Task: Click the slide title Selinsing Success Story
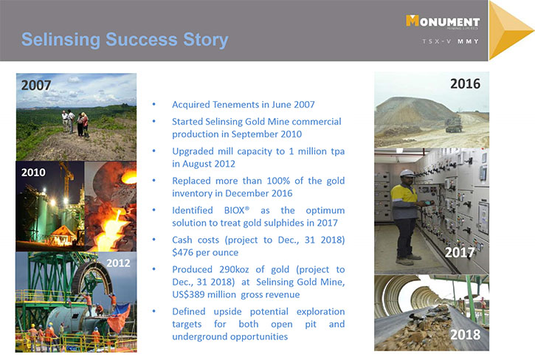point(125,40)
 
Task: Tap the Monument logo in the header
point(443,21)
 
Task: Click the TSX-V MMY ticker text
point(450,41)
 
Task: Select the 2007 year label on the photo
point(36,86)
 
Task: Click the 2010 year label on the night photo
point(33,173)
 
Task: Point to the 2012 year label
point(118,263)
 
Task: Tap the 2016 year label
point(465,83)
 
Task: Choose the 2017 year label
point(460,252)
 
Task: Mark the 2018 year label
point(465,334)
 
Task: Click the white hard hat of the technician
point(407,173)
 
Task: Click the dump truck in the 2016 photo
point(454,124)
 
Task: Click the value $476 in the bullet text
point(184,252)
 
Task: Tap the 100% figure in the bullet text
point(277,181)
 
